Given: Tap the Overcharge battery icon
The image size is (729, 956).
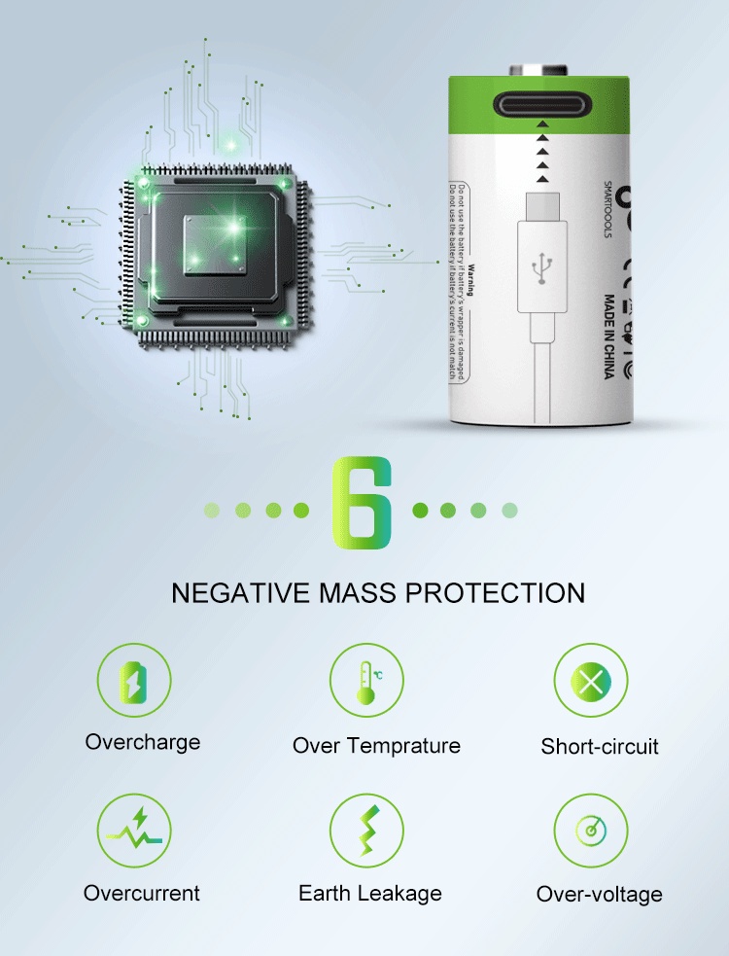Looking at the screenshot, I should tap(134, 680).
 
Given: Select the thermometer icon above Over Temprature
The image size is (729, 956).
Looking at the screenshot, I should tap(365, 680).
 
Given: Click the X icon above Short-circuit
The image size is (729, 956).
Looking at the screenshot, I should tap(591, 681).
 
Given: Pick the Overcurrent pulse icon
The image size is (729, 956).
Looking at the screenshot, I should tap(134, 831).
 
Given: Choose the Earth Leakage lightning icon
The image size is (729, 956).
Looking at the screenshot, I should tap(366, 832).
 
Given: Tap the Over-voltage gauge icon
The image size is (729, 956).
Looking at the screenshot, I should tap(591, 832).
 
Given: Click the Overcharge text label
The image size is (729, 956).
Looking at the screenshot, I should tap(143, 742).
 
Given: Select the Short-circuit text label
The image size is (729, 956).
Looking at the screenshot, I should tap(600, 747).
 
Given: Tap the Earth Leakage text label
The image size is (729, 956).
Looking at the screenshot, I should tap(370, 893).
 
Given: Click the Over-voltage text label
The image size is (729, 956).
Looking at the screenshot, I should tap(600, 895).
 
